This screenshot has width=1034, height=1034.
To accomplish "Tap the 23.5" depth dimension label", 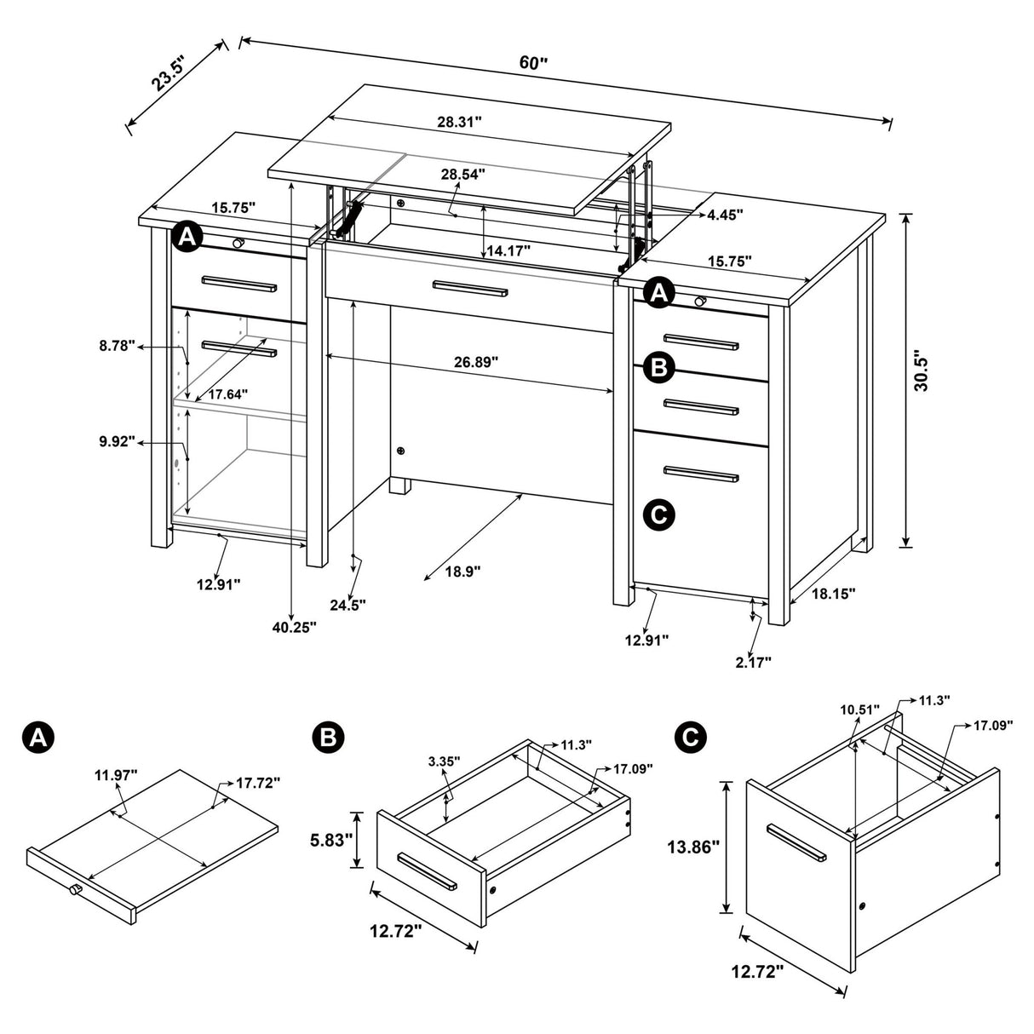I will [x=168, y=71].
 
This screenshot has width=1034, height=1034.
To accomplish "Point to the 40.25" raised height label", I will [x=295, y=627].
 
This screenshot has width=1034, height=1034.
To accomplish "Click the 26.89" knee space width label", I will [x=476, y=362].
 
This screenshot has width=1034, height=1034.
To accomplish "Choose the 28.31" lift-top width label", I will [x=460, y=122].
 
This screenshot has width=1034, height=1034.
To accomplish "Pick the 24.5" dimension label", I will [x=348, y=605].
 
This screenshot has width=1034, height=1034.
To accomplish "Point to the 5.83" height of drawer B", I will [x=330, y=841].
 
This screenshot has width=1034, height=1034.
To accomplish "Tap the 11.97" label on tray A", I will [x=116, y=775].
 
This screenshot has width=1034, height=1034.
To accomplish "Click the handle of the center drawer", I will [x=470, y=289].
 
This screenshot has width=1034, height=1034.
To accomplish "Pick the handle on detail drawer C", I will [x=796, y=842].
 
